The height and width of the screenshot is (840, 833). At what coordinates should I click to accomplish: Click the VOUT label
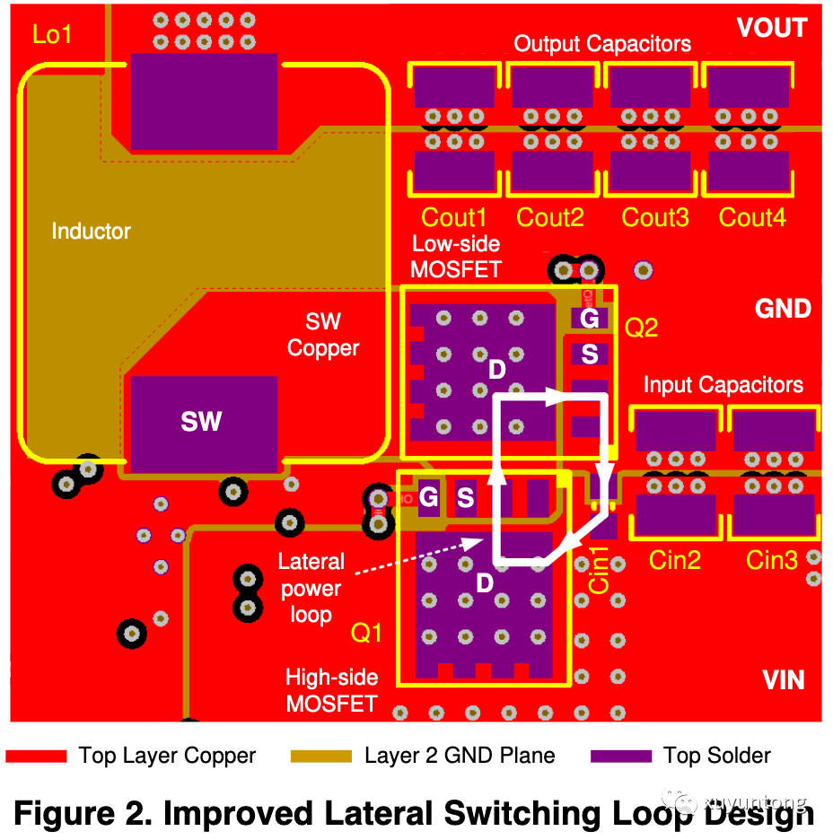(771, 29)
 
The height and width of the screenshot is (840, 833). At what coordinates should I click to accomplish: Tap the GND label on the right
(783, 309)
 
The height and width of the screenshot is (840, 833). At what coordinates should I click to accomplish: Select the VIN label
(783, 679)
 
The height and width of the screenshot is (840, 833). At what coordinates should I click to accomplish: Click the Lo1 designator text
(52, 36)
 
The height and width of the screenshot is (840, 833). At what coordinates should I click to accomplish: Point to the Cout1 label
(453, 217)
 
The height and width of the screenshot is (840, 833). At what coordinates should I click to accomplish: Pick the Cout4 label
(752, 217)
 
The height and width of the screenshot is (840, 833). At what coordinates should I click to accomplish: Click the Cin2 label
(674, 560)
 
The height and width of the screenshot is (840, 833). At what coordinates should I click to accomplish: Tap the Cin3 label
(772, 560)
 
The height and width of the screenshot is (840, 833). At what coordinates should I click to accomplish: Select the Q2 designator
(641, 328)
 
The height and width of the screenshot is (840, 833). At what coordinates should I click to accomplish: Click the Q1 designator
(366, 634)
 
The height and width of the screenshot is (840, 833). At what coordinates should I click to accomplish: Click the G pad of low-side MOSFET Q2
(590, 319)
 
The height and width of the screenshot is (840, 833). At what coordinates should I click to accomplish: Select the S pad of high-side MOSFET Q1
(465, 497)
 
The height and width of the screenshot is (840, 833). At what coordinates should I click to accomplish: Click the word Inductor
(91, 232)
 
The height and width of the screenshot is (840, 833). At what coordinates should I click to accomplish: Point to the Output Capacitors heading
(602, 44)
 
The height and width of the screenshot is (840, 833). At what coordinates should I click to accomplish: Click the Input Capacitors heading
(723, 385)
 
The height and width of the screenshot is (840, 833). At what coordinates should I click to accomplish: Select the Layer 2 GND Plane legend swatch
(321, 757)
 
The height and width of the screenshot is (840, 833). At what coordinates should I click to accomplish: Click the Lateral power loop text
(311, 589)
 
